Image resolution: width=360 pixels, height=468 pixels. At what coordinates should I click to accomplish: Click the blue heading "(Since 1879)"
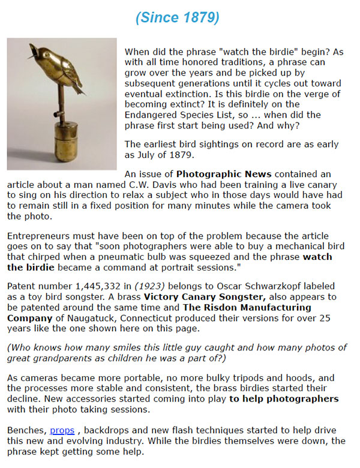pyautogui.click(x=177, y=17)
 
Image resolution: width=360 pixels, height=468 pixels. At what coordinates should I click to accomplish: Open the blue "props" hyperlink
pyautogui.click(x=62, y=430)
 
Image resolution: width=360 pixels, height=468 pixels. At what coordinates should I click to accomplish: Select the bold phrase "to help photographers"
pyautogui.click(x=283, y=398)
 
